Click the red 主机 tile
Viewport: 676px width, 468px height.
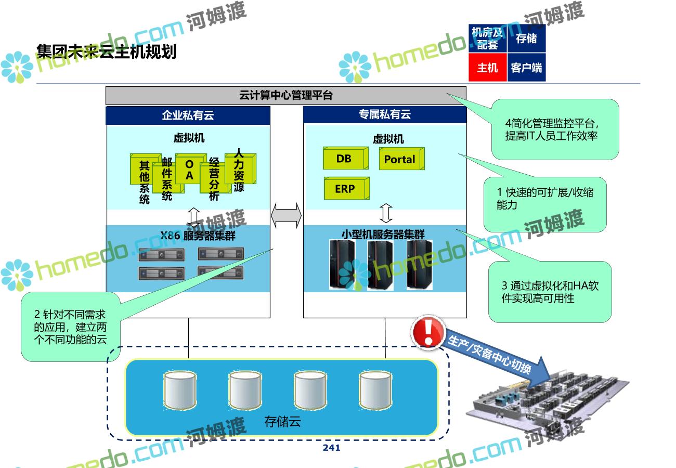point(487,67)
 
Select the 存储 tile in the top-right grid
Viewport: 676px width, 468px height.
point(526,38)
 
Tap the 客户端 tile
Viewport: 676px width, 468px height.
point(526,67)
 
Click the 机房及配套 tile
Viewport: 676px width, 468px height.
point(487,38)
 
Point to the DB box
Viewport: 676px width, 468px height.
point(346,158)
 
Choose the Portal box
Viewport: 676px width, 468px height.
point(401,159)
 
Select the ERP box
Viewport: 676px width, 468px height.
point(347,188)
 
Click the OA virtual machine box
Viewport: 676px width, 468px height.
point(191,168)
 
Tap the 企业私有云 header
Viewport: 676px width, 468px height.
point(188,115)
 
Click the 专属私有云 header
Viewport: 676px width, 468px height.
point(385,114)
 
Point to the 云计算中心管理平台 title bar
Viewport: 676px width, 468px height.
point(286,95)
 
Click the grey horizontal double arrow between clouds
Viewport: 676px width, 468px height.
point(286,215)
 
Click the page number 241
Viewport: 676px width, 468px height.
point(331,448)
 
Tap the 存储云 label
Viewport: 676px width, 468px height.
point(282,422)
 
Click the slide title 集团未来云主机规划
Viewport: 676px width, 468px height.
point(106,51)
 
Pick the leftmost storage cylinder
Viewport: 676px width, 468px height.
point(180,390)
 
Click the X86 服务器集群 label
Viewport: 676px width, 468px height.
point(198,236)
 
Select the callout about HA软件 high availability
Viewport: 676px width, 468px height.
point(550,292)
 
